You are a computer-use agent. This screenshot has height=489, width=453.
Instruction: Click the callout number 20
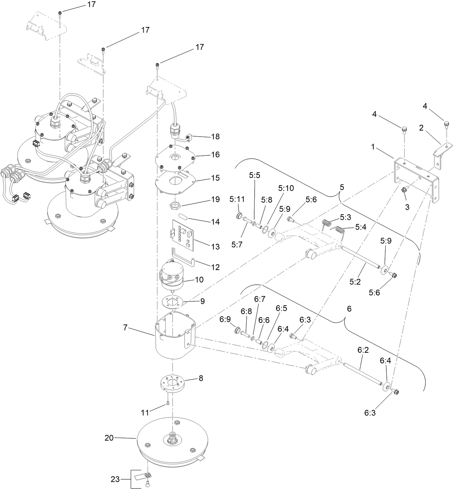pyautogui.click(x=109, y=438)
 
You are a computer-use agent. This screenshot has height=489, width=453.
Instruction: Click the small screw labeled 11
pyautogui.click(x=168, y=404)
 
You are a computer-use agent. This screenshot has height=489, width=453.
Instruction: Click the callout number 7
pyautogui.click(x=125, y=328)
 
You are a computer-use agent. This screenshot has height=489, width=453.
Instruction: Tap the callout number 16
pyautogui.click(x=215, y=155)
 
